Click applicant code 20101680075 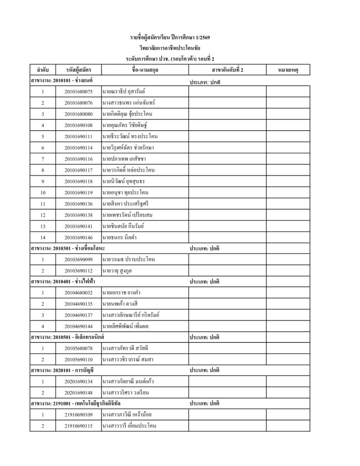(x=78, y=92)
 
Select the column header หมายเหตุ (x=288, y=70)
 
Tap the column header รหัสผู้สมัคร (x=78, y=70)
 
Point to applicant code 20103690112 (x=78, y=271)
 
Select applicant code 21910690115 (x=78, y=426)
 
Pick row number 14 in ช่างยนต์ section (x=42, y=237)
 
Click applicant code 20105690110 (x=78, y=360)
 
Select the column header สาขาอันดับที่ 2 (x=228, y=70)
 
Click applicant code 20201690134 (x=78, y=382)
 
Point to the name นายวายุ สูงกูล (x=117, y=271)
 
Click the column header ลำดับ (x=42, y=70)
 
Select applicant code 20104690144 (x=78, y=326)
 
